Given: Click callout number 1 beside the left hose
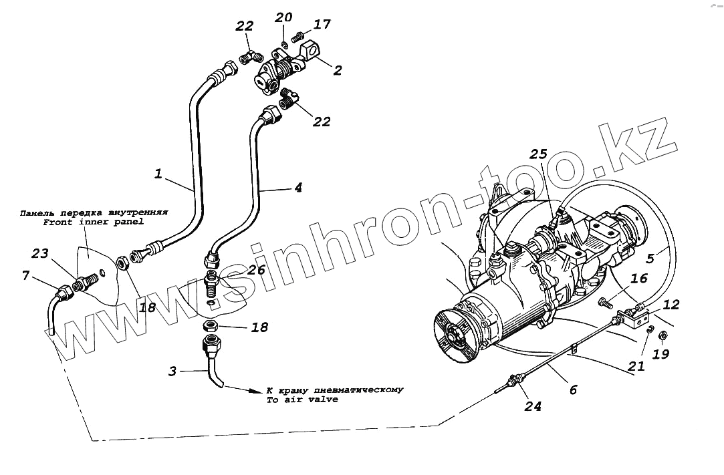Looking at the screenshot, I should (158, 174).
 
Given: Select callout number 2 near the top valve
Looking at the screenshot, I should (338, 70).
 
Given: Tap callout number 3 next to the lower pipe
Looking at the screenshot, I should (172, 370).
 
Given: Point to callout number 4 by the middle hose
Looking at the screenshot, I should (297, 188).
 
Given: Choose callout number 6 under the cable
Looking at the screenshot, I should (573, 389).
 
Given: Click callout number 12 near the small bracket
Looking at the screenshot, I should (671, 305).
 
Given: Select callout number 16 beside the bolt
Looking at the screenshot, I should (638, 279).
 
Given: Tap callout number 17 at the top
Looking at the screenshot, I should (322, 25).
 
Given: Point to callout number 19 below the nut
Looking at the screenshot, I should (660, 354).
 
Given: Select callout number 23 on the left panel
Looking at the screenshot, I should (39, 254).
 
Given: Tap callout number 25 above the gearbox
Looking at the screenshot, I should (539, 155).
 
